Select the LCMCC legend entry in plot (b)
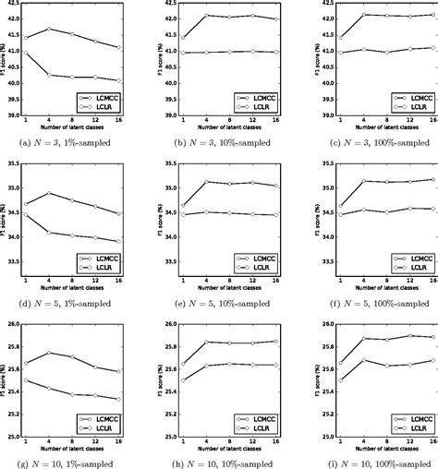[x=262, y=95]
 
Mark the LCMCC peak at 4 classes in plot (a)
[x=50, y=29]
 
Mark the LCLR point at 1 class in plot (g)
[x=26, y=379]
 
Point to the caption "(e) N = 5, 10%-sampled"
[x=219, y=300]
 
